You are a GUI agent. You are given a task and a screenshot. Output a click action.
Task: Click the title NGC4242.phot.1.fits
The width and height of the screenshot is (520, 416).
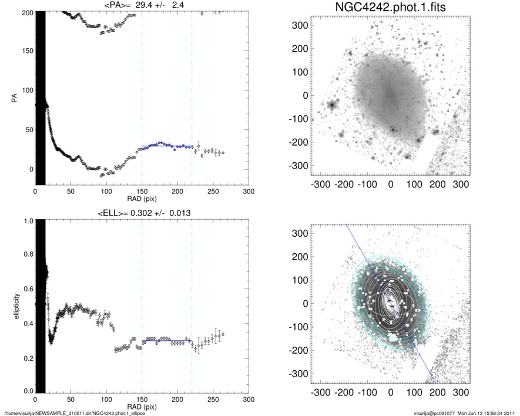tap(391, 8)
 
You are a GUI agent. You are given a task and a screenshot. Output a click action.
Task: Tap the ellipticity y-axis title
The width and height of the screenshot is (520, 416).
tap(13, 306)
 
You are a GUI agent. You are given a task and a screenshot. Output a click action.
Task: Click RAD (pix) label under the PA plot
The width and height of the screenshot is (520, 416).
tap(142, 198)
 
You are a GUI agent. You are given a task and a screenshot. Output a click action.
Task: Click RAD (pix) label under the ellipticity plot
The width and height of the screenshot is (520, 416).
tap(142, 407)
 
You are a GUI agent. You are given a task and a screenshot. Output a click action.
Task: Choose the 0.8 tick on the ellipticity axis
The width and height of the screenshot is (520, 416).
tap(25, 255)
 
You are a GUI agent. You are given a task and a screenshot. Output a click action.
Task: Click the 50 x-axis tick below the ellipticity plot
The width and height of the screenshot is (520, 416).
tap(71, 400)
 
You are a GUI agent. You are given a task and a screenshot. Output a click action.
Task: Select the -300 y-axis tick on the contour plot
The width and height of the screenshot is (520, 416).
tap(299, 374)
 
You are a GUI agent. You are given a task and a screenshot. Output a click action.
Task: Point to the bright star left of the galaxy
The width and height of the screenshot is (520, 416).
tap(332, 106)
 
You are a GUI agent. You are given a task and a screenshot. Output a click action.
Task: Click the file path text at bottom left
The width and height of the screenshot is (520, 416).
tap(75, 413)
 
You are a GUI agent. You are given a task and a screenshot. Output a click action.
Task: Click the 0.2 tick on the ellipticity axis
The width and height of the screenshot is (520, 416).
tap(25, 357)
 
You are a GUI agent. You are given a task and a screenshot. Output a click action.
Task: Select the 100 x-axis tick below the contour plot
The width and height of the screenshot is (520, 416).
tap(414, 391)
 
